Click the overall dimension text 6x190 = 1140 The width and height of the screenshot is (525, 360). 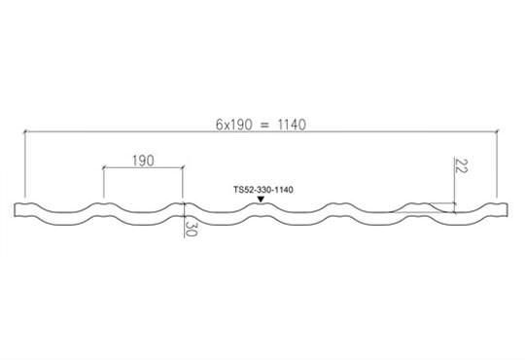pos(261,125)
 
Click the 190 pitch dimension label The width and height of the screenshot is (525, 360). pos(143,161)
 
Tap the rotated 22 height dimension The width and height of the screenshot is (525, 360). pos(461,166)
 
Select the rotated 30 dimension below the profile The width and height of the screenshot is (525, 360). pos(191,229)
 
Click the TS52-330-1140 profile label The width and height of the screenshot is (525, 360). pos(263,190)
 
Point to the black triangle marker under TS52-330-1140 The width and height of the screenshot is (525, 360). pos(261,199)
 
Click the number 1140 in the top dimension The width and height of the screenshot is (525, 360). pos(292,125)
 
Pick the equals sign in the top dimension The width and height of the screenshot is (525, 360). pos(264,126)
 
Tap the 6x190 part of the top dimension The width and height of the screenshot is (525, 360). pos(233,125)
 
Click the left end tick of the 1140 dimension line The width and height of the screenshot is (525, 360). pos(24,131)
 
